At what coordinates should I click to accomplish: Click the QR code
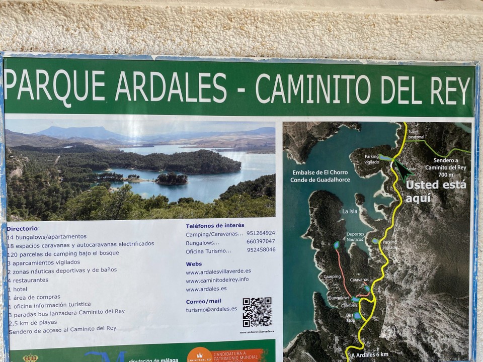click(257, 312)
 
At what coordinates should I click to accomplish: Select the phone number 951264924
click(261, 233)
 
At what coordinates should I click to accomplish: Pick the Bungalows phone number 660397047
click(261, 241)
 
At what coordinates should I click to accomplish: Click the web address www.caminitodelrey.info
click(217, 280)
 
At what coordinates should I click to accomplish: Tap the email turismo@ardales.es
click(211, 309)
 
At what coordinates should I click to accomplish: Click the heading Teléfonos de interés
click(215, 226)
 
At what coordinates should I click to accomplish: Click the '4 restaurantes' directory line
click(28, 280)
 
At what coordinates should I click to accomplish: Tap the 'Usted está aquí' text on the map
click(436, 191)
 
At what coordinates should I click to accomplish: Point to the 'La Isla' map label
click(349, 211)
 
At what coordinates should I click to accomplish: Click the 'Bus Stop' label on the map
click(350, 317)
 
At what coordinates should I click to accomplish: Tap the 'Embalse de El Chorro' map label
click(319, 172)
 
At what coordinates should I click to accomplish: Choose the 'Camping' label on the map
click(332, 277)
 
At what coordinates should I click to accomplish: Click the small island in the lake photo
click(171, 178)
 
